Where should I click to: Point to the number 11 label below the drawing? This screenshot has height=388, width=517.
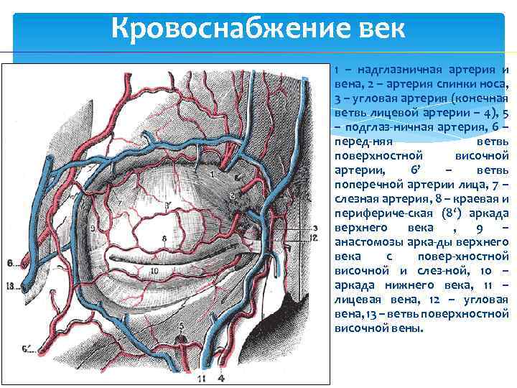[x=202, y=377]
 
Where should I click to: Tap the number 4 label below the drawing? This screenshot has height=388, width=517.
[x=221, y=377]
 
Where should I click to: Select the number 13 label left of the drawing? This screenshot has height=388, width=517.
[x=10, y=285]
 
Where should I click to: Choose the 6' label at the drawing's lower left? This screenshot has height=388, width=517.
[x=28, y=350]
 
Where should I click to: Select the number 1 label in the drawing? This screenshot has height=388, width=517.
[x=214, y=174]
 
